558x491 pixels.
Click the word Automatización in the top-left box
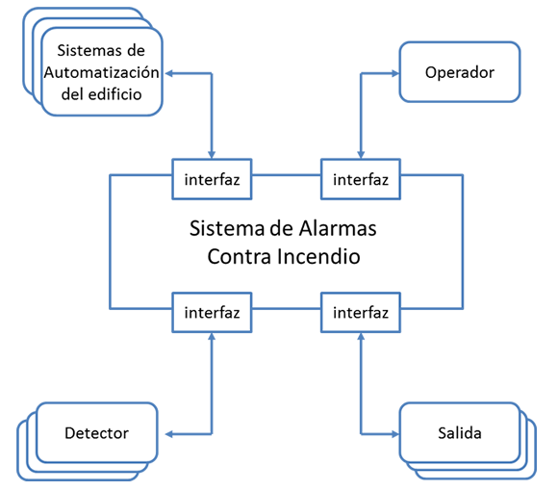[101, 73]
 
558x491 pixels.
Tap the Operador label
[460, 72]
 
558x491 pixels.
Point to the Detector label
[96, 433]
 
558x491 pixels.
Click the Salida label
[460, 433]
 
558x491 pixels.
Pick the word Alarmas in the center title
[338, 228]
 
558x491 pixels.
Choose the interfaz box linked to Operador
[361, 179]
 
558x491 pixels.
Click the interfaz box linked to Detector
[212, 313]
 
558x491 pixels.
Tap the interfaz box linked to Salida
[361, 313]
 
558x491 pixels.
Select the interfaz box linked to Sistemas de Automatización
[212, 179]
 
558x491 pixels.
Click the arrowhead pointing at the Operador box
[395, 74]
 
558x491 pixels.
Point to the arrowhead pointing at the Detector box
[169, 434]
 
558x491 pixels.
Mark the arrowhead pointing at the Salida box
[395, 434]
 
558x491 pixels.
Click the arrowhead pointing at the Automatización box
[169, 74]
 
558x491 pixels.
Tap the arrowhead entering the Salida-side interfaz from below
[361, 336]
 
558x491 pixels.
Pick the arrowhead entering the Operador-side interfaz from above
[361, 155]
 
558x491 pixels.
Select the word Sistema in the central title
[227, 228]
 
